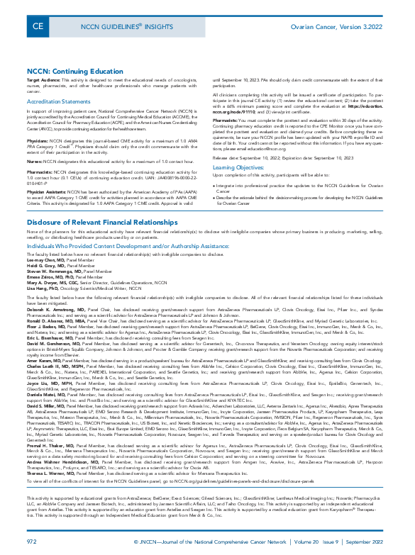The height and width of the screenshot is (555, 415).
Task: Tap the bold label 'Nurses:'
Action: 36,162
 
